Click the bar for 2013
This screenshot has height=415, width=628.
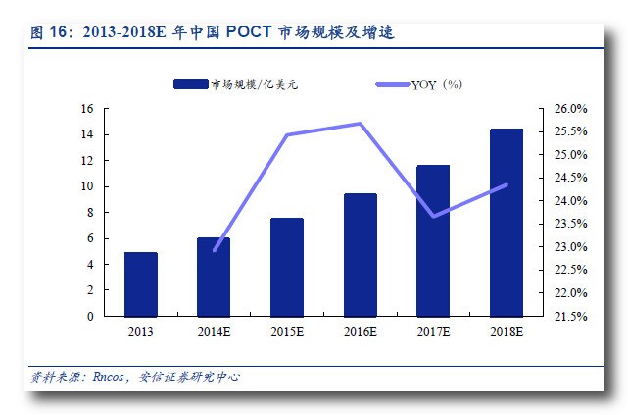[x=141, y=285]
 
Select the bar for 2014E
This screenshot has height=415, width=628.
[x=214, y=278]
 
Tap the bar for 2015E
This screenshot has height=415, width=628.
[x=287, y=267]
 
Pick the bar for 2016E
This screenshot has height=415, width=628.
[x=360, y=255]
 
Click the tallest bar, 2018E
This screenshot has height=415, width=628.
[x=506, y=223]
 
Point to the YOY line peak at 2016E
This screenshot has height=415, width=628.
[x=360, y=124]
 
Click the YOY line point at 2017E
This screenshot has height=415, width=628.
[x=433, y=216]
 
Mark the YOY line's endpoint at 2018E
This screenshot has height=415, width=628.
[x=506, y=184]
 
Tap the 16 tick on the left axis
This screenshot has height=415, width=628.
[x=87, y=109]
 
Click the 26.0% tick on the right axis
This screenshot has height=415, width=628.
[x=571, y=109]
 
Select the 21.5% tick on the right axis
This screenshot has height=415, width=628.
[x=571, y=317]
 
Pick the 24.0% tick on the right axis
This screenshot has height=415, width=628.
[x=571, y=201]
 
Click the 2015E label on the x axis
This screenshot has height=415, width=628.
[x=287, y=333]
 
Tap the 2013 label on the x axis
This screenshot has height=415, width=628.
[x=141, y=333]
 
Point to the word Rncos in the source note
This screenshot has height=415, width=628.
[x=109, y=377]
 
